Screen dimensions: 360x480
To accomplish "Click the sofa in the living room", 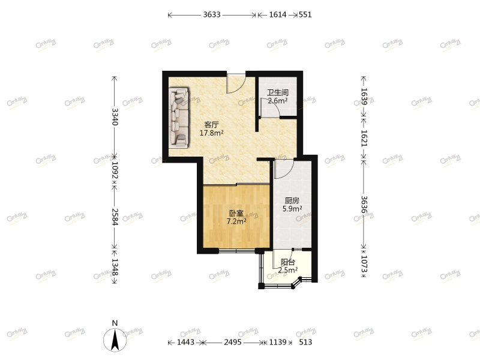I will [179, 118].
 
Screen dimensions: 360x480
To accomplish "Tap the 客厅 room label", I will [211, 125].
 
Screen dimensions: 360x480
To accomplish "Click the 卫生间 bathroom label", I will [278, 93].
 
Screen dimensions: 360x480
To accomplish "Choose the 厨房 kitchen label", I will [292, 201].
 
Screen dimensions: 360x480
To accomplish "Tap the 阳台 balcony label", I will [288, 262].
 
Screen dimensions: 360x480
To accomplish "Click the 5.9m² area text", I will [292, 209].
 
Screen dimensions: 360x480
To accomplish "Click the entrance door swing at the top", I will [236, 83].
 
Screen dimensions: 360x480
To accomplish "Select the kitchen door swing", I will [283, 169].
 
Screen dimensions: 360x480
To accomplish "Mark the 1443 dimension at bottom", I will [185, 343].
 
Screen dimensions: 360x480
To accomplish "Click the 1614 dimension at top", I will [277, 15].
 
